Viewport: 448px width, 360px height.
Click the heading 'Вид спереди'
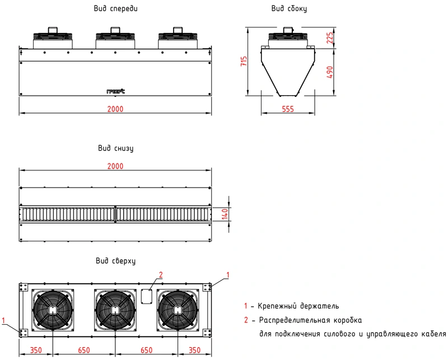115,10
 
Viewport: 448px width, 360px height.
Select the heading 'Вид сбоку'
289,10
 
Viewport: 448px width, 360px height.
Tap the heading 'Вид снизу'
115,148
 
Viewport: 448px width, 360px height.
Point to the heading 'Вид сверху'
116,261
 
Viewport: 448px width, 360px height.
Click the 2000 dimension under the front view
115,109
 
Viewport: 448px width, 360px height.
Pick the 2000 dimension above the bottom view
115,166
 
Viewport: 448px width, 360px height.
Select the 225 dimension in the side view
330,38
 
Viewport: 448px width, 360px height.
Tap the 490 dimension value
330,72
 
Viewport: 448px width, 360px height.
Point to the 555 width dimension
288,109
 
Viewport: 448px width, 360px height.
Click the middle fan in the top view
115,310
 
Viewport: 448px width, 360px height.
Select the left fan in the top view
53,310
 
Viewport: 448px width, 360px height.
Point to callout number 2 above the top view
161,274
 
